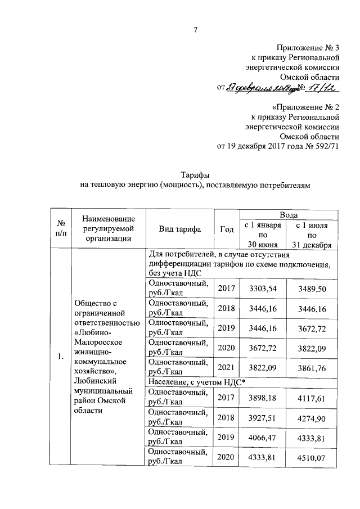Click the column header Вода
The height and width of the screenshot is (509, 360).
(289, 215)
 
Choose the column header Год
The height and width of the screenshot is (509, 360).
(227, 229)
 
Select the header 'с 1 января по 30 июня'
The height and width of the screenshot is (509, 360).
(263, 235)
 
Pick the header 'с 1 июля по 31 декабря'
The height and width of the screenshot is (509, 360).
(313, 235)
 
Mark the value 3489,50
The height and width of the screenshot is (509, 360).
(313, 289)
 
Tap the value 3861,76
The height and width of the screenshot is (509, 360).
(313, 367)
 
